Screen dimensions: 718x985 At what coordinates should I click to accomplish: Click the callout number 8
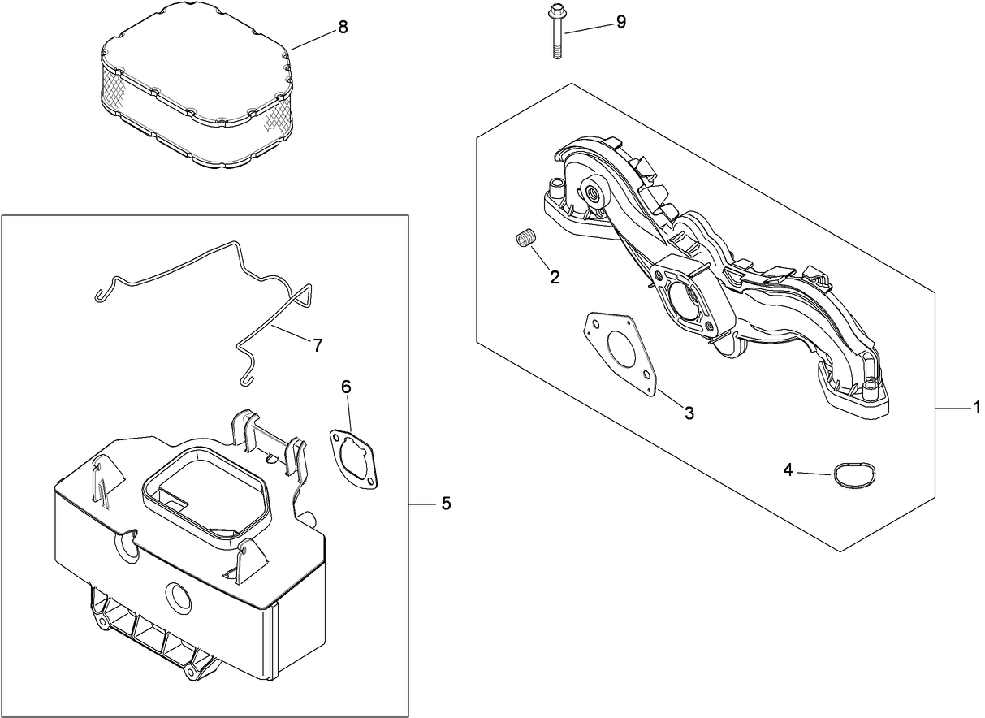point(343,28)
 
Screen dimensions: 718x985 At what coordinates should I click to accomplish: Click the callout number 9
point(620,22)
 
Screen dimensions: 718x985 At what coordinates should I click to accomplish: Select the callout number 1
point(977,409)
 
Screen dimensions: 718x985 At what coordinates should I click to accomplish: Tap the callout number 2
point(555,277)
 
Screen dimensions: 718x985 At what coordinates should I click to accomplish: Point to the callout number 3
point(689,413)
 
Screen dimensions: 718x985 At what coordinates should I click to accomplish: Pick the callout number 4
point(788,469)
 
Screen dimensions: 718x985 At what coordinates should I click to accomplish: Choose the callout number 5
point(445,504)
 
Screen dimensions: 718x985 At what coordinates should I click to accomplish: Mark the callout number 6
point(346,388)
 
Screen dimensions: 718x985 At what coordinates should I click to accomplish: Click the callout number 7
point(317,344)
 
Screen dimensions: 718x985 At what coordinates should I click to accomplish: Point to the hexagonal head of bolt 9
point(556,12)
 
